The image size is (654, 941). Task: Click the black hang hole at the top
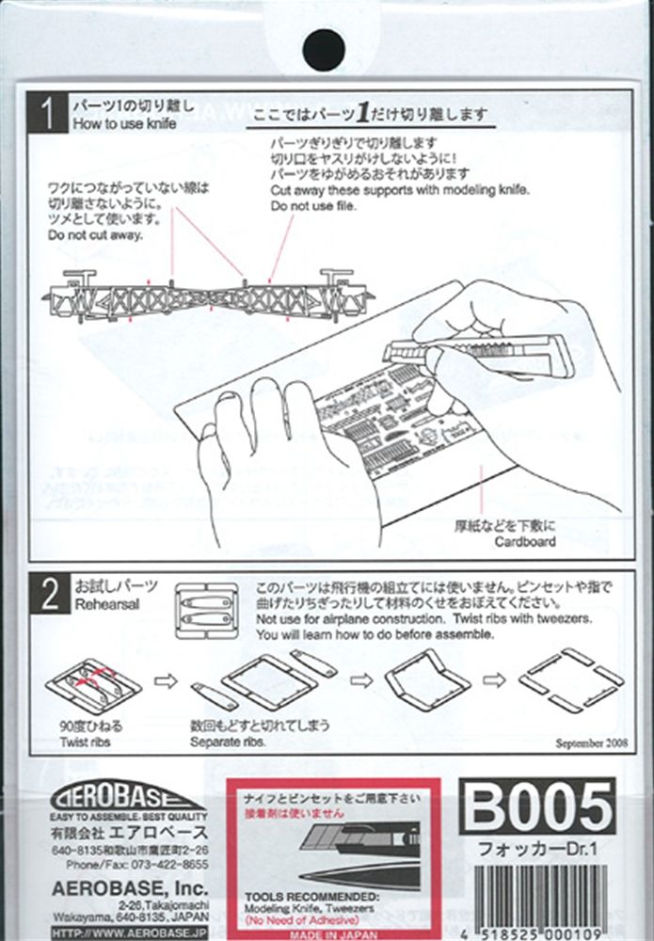[x=325, y=48]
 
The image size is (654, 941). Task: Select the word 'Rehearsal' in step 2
[x=105, y=604]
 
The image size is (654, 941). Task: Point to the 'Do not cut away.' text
[x=96, y=235]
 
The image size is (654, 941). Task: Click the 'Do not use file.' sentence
[x=313, y=206]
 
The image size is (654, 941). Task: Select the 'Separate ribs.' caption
[x=229, y=742]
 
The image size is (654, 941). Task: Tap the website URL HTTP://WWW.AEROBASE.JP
[x=129, y=932]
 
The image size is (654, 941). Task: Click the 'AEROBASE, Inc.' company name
[x=129, y=886]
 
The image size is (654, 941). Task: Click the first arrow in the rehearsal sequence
[x=166, y=680]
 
